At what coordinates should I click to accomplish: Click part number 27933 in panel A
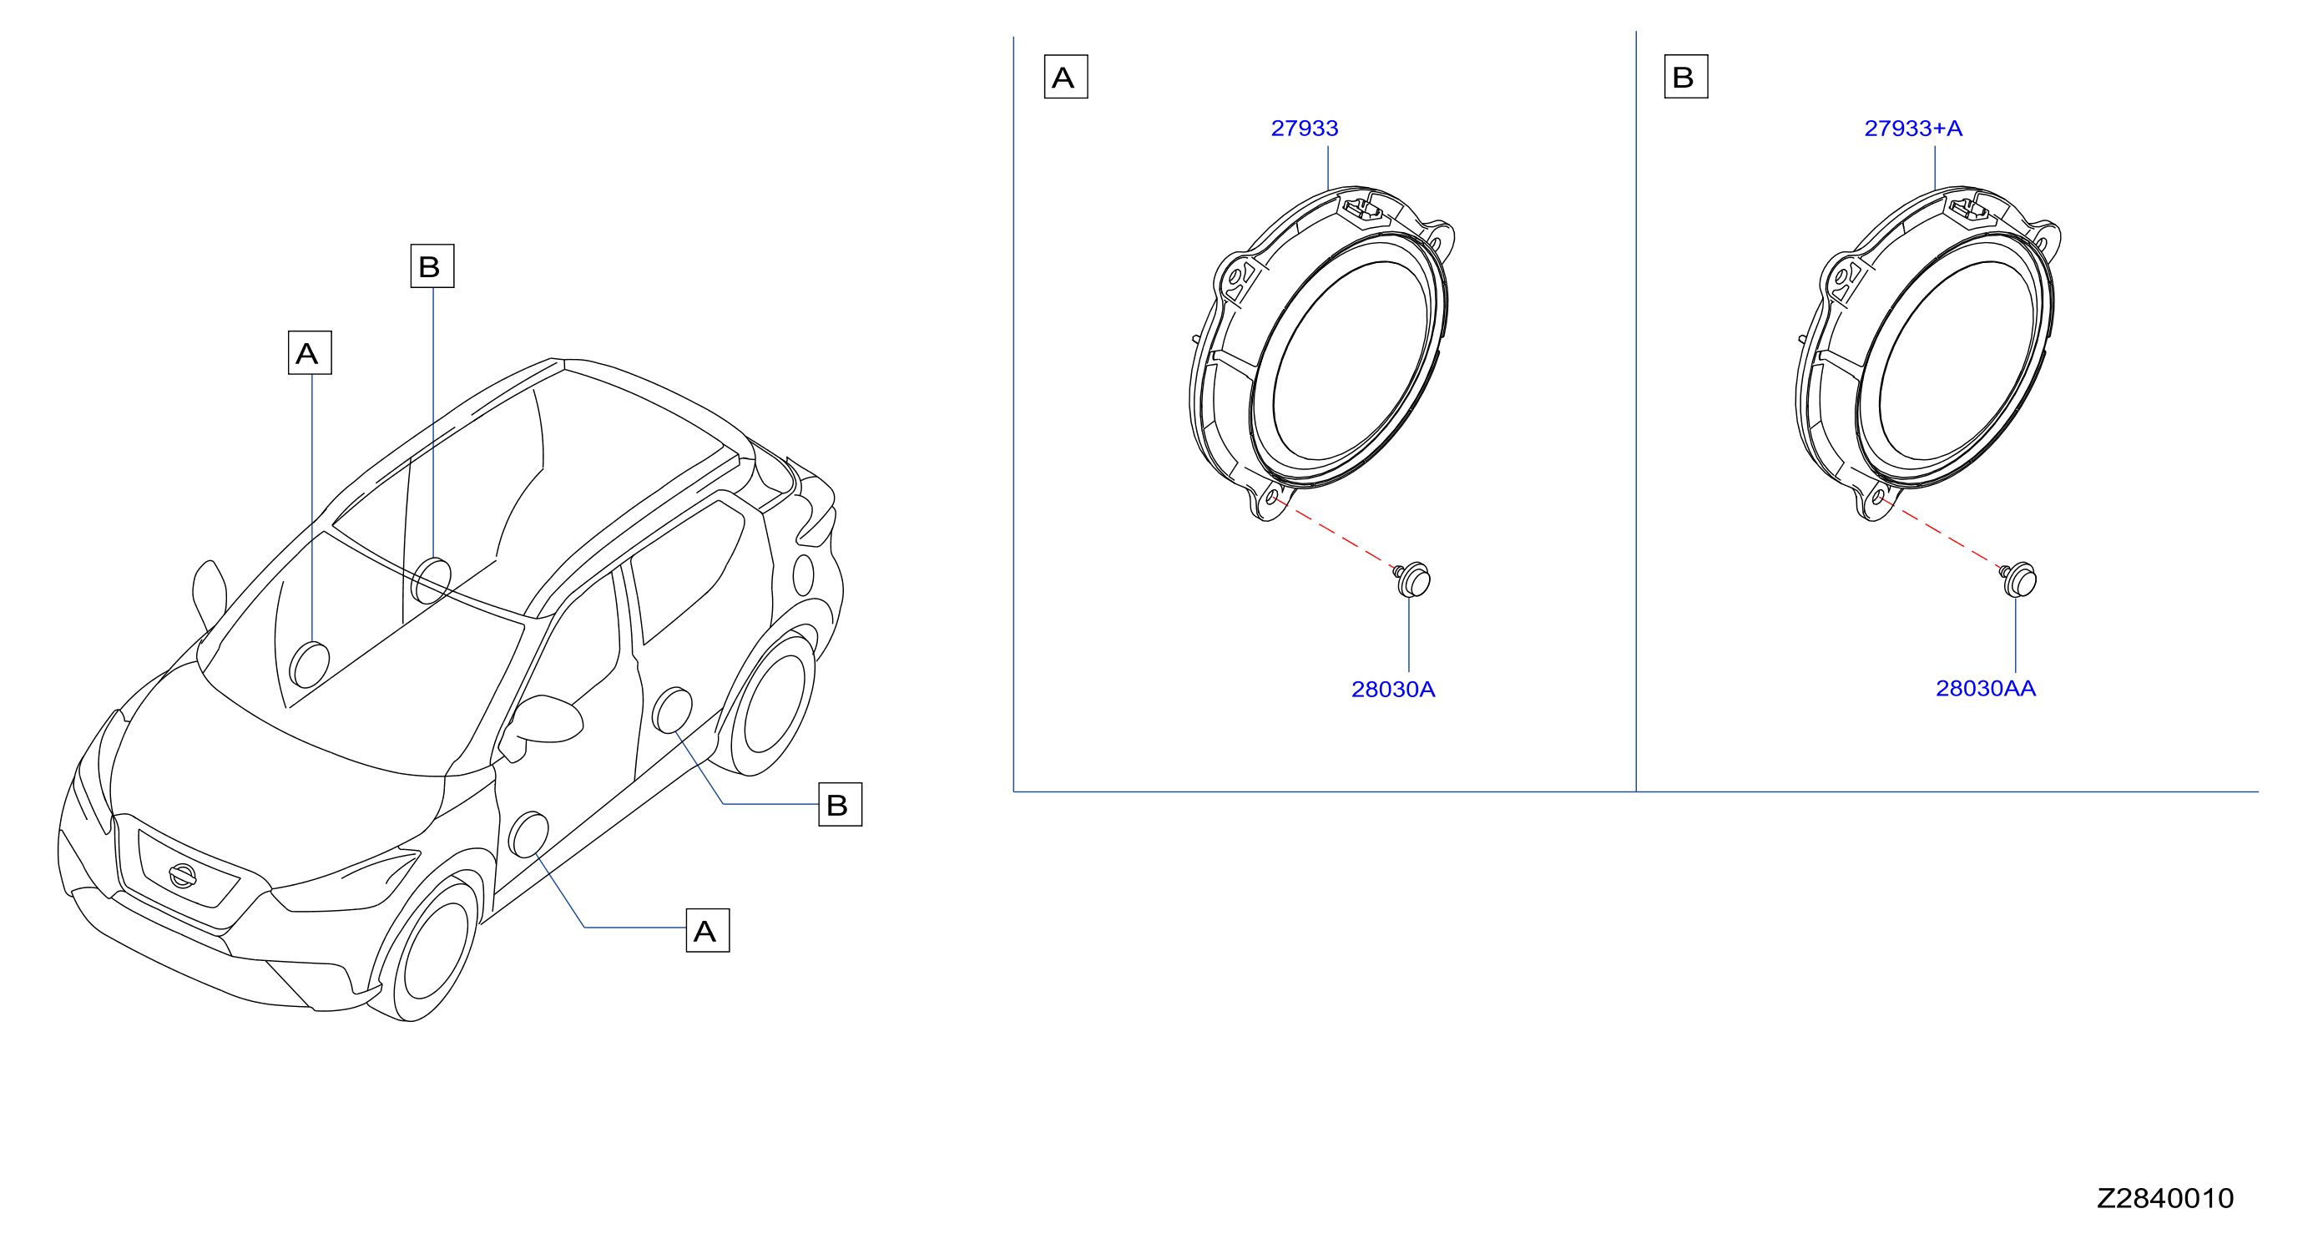(x=1304, y=128)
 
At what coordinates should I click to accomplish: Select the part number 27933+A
(x=1912, y=128)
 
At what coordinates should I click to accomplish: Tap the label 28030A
(x=1392, y=689)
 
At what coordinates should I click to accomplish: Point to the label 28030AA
(x=1986, y=688)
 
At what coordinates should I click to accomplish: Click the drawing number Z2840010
(x=2165, y=1197)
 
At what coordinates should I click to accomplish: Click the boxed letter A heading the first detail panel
(x=1065, y=77)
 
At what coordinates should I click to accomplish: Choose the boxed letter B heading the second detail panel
(x=1685, y=77)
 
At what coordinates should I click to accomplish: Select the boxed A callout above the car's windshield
(x=310, y=352)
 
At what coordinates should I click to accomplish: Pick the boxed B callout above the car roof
(x=432, y=266)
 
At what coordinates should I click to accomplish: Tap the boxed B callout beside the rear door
(x=840, y=804)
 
